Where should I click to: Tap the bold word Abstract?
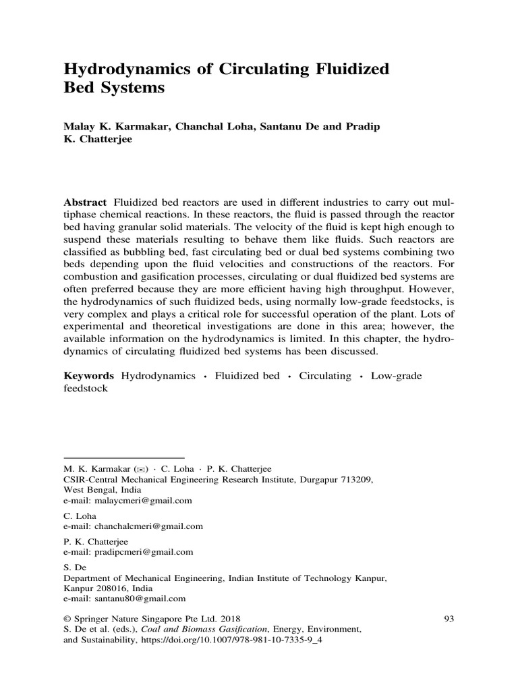pyautogui.click(x=85, y=202)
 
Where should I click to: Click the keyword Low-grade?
pyautogui.click(x=397, y=376)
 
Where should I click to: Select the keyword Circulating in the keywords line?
pyautogui.click(x=326, y=376)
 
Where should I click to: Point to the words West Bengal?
pyautogui.click(x=89, y=490)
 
